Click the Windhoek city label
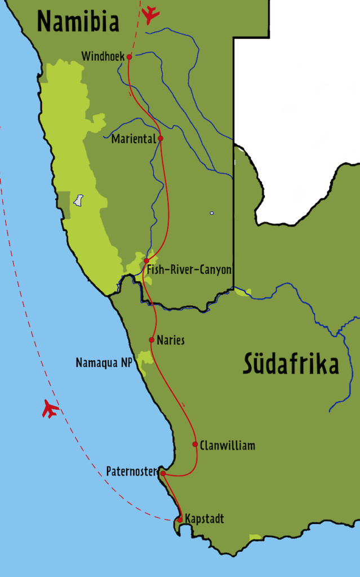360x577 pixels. (x=103, y=56)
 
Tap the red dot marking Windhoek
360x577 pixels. (x=130, y=57)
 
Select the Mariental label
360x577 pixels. (x=133, y=139)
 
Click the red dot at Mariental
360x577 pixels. (x=161, y=138)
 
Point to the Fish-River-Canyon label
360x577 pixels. (x=189, y=270)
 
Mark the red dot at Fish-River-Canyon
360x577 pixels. (x=146, y=261)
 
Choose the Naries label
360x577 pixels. (x=171, y=340)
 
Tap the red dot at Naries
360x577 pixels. (x=152, y=340)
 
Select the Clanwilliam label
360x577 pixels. (x=227, y=446)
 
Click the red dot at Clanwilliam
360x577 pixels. (x=195, y=444)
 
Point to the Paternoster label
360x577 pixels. (x=131, y=472)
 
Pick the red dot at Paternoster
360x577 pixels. (x=163, y=473)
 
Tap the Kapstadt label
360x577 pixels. (x=205, y=519)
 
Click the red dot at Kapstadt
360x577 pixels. (x=180, y=520)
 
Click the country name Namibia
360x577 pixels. (x=78, y=22)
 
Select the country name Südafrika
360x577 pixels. (x=291, y=364)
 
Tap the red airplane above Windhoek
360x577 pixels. (x=150, y=15)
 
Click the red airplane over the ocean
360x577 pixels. (x=51, y=409)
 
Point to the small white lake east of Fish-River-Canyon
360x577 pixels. (x=212, y=213)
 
